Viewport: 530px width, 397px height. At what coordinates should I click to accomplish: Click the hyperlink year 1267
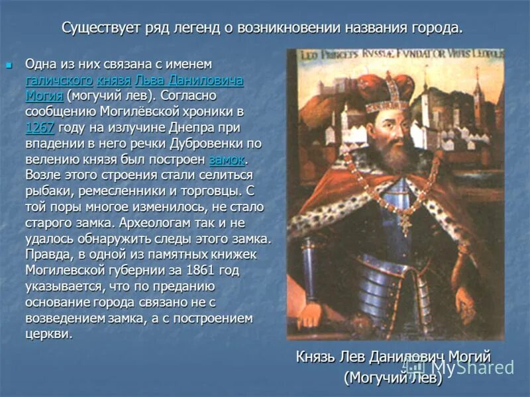click(40, 128)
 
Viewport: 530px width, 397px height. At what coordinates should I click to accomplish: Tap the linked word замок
click(227, 159)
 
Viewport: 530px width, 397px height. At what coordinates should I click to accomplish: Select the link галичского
click(59, 80)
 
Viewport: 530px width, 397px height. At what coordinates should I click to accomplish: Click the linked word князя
click(114, 80)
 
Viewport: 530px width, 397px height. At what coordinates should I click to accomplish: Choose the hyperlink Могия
click(44, 96)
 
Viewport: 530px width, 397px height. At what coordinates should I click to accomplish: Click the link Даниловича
click(206, 80)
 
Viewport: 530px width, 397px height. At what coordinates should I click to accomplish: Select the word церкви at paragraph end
click(47, 334)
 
